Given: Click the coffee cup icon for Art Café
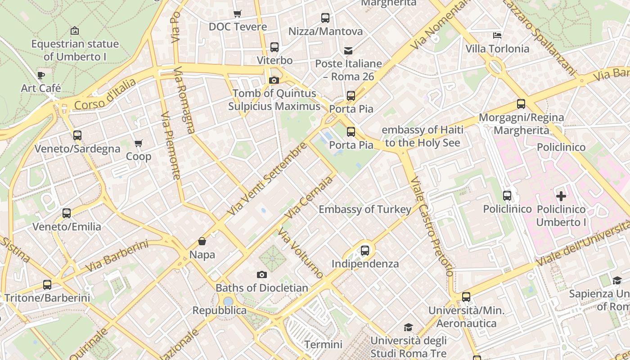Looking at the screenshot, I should pos(41,75).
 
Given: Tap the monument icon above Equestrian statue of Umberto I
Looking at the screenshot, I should pos(75,31).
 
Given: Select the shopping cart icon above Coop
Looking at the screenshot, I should pos(138,144).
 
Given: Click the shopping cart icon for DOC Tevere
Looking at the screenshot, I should pos(237,14).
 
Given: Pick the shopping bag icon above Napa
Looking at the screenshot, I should pos(202,242).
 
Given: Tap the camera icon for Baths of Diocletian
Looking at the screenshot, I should pos(261,275).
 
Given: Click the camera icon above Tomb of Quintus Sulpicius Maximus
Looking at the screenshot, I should pos(274,81).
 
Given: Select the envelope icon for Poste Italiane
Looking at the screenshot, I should pos(348,51).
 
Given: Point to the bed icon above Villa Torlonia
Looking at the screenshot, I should pos(497,36).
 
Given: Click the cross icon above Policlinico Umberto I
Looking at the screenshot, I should pos(561,196).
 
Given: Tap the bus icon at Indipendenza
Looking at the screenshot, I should pos(365,251).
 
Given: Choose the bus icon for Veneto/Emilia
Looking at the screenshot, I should pos(67,213).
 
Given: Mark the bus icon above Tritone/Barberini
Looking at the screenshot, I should pos(47,285).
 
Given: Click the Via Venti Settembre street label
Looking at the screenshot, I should pos(267,179).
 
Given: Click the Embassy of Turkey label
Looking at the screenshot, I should pos(365,209).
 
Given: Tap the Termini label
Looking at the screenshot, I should pos(323,345).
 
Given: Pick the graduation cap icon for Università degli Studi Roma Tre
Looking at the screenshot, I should pos(408,327).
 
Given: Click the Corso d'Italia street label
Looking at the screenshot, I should pos(105,94).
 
